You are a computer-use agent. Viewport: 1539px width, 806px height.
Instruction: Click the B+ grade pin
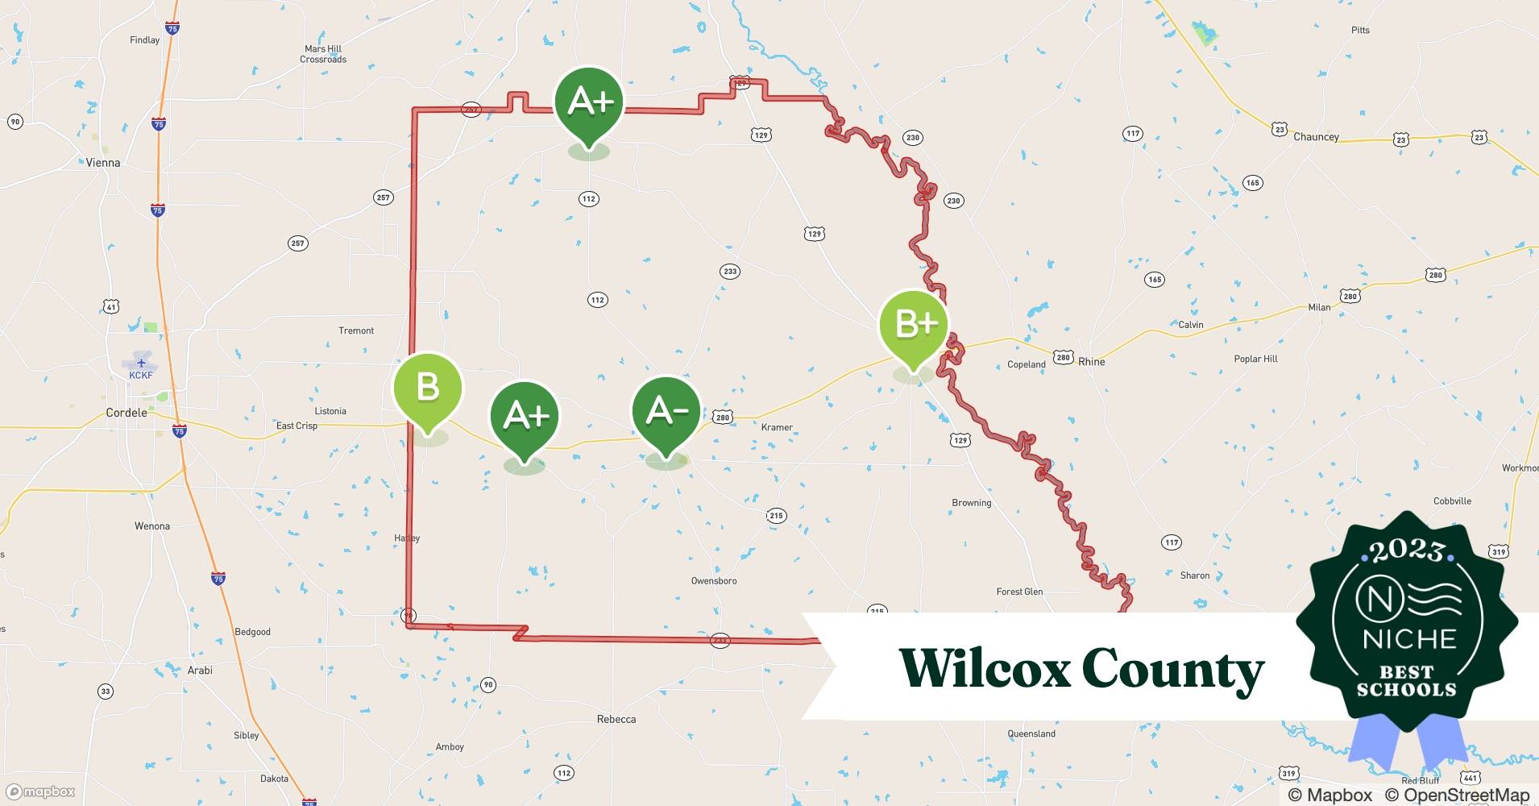click(x=914, y=325)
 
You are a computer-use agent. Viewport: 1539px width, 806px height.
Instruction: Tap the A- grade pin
click(x=666, y=412)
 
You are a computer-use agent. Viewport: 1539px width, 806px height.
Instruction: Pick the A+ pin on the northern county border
click(x=589, y=102)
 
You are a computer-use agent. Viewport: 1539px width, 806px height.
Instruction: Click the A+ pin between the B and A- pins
click(x=525, y=416)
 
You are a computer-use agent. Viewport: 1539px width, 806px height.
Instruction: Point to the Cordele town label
click(x=127, y=413)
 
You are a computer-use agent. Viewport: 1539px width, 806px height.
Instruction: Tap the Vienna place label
click(x=103, y=163)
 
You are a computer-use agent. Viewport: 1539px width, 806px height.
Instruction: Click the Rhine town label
click(x=1091, y=362)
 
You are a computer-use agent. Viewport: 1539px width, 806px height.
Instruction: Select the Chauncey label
click(x=1316, y=137)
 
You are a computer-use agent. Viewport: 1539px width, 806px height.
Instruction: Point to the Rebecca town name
click(x=616, y=720)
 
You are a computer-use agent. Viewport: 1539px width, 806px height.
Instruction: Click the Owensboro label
click(x=714, y=581)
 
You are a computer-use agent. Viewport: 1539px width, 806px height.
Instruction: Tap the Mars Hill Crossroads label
click(x=323, y=54)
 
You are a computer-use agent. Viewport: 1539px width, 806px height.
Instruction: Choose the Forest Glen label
click(x=1019, y=592)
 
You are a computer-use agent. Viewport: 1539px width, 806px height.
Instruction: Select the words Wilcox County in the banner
click(x=1081, y=669)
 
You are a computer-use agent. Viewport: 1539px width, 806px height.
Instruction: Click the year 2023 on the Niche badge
click(x=1407, y=550)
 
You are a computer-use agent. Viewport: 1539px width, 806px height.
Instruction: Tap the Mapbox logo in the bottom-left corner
click(x=40, y=792)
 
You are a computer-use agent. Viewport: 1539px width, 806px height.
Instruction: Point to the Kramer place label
click(x=777, y=427)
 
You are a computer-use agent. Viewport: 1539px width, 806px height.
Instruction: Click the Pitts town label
click(x=1360, y=31)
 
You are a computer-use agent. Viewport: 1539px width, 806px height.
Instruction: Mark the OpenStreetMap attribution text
click(x=1457, y=795)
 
